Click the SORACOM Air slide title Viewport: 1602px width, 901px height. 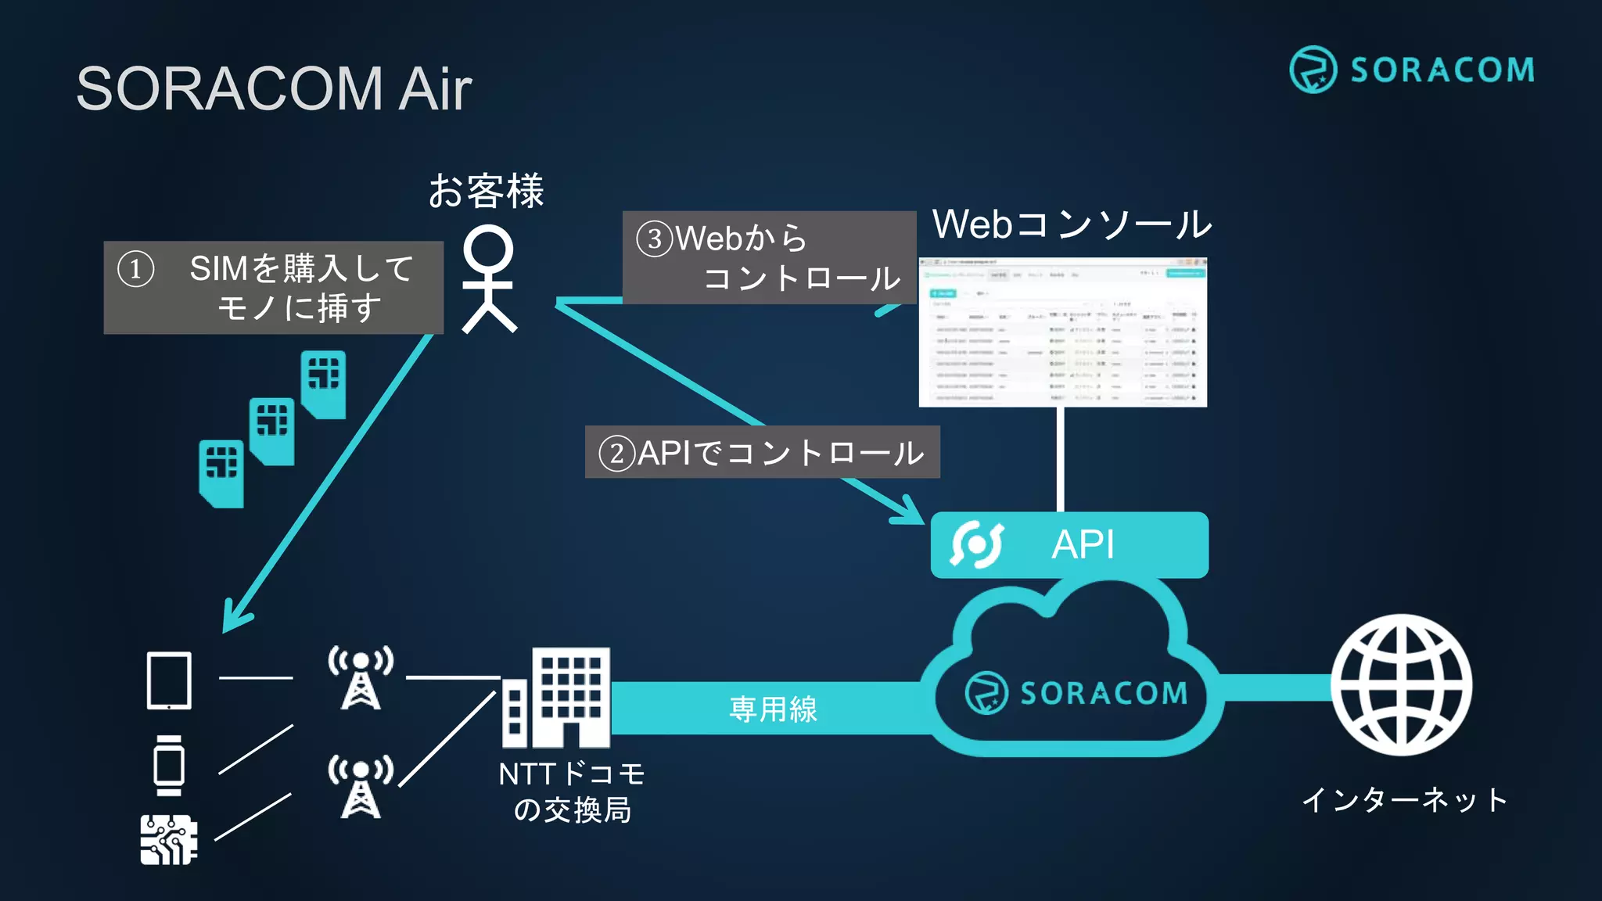(274, 88)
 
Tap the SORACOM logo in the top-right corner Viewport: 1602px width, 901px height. (1412, 70)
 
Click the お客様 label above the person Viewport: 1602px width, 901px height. (486, 191)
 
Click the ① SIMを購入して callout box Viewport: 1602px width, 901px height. (273, 287)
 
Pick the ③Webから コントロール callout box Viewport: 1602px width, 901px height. (768, 257)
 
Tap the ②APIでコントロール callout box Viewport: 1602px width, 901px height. (762, 452)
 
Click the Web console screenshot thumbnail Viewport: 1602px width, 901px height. (1062, 332)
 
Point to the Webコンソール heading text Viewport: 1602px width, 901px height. (1071, 224)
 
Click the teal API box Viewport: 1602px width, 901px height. (1069, 544)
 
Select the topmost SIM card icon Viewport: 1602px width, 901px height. (324, 383)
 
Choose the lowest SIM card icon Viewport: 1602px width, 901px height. (221, 472)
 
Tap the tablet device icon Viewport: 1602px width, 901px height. (169, 680)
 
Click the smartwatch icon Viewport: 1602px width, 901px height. (169, 765)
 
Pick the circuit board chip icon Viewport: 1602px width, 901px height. (168, 839)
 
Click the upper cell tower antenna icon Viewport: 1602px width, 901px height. (361, 677)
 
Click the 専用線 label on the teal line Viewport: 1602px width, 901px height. (773, 709)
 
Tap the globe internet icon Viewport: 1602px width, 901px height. (1401, 685)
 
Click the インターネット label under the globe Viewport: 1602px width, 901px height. (1404, 800)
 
